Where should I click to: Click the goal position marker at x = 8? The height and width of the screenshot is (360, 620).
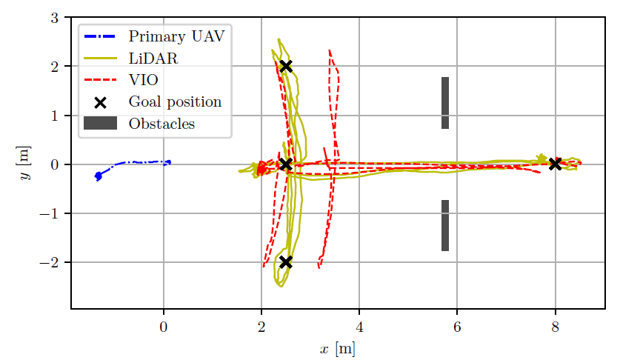click(x=555, y=164)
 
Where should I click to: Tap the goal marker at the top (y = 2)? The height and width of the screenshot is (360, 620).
click(x=285, y=66)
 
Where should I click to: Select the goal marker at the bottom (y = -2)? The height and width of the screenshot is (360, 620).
click(x=285, y=262)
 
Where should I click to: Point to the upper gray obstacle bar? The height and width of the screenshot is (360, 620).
click(x=445, y=103)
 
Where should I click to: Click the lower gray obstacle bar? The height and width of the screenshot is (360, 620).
click(x=445, y=225)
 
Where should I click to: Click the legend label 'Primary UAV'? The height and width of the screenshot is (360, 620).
click(x=176, y=36)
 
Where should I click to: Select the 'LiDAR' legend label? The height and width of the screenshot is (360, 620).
click(x=153, y=57)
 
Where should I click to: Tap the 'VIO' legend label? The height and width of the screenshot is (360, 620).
click(x=143, y=79)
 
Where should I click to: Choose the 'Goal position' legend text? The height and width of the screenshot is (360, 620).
click(x=175, y=101)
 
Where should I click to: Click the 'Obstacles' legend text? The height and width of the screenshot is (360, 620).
click(x=161, y=124)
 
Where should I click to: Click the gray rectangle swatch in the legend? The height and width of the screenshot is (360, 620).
click(x=100, y=124)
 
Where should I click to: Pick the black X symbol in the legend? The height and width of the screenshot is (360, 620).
click(x=100, y=101)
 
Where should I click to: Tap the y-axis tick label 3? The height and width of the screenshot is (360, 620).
click(x=54, y=17)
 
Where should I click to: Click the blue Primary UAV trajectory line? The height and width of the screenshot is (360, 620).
click(x=133, y=162)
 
